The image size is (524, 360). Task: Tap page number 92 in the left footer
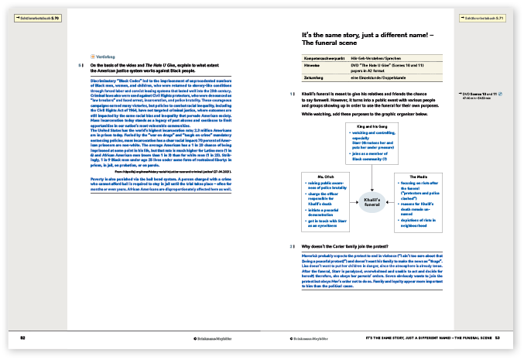click(x=24, y=338)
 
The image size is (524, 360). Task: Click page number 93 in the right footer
click(x=499, y=338)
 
